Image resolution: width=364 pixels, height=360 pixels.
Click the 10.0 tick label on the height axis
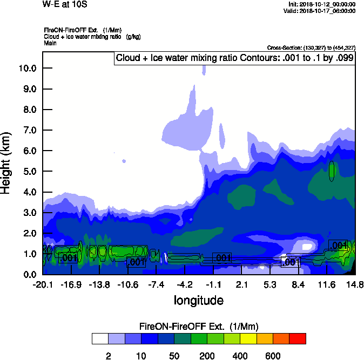click(27, 68)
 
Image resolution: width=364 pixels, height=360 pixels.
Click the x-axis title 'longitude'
click(198, 300)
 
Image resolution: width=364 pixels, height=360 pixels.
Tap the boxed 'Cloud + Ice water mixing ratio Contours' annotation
click(234, 58)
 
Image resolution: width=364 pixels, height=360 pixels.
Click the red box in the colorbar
click(298, 339)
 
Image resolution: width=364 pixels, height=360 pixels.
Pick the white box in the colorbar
click(100, 339)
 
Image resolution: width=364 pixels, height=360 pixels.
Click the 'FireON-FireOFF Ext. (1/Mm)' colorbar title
click(199, 327)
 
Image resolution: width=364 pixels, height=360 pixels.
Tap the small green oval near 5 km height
click(332, 171)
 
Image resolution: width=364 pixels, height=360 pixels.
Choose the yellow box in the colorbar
click(248, 339)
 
